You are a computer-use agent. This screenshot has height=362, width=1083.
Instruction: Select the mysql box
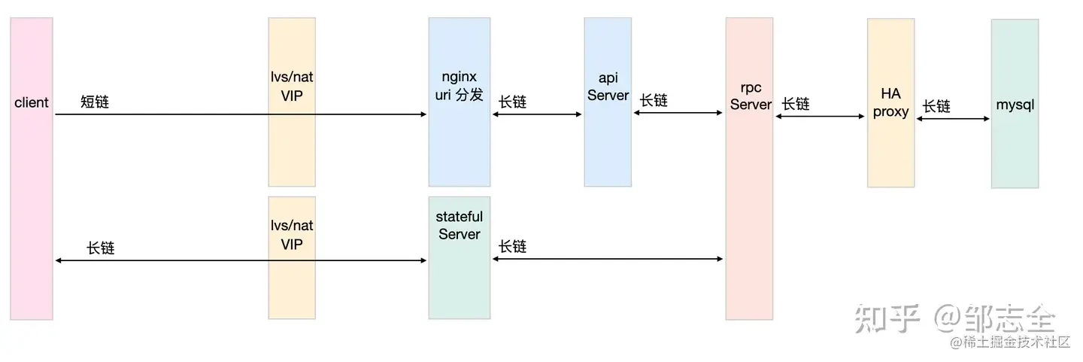point(1015,143)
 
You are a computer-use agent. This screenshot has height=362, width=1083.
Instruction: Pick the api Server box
point(608,143)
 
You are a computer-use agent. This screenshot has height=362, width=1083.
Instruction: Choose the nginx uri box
point(459,143)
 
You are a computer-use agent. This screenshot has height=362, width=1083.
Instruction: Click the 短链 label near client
point(95,102)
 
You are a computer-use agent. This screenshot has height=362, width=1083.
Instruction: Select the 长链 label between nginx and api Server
point(512,102)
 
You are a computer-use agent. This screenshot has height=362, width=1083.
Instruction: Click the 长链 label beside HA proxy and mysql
point(936,106)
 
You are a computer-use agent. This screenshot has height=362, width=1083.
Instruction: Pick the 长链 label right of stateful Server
point(512,246)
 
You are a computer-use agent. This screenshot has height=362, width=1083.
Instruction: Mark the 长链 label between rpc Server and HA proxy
point(796,104)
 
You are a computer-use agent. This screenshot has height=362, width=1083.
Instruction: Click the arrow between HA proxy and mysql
point(953,118)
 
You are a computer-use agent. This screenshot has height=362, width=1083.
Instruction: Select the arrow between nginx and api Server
point(537,114)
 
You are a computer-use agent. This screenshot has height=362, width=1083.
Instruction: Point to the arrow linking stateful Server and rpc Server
point(608,259)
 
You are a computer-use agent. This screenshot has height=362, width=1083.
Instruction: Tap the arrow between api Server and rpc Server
point(678,113)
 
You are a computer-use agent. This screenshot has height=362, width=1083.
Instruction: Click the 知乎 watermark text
point(887,320)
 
